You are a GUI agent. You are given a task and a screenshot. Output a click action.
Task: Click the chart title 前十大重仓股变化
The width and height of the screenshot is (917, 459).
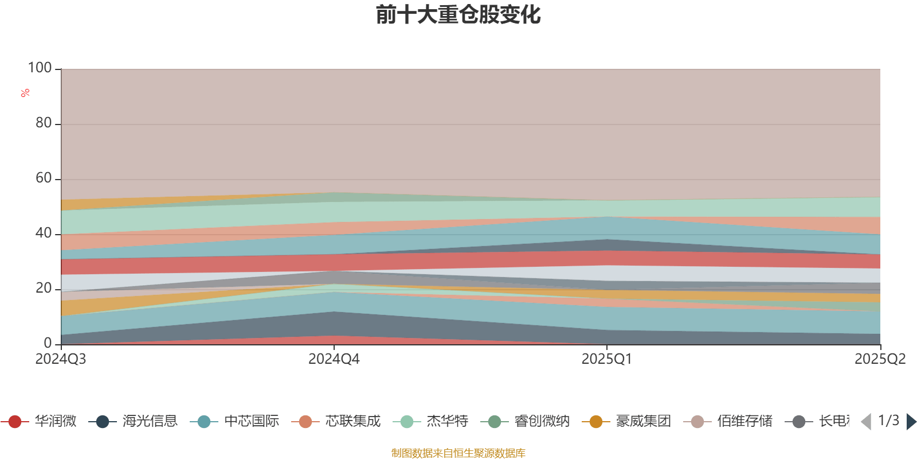click(458, 15)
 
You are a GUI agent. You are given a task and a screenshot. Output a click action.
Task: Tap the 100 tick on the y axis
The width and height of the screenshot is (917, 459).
click(40, 68)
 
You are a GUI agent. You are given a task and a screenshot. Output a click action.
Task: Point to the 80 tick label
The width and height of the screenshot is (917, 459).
click(44, 123)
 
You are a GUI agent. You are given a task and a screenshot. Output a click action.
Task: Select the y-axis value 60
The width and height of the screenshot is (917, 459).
click(44, 178)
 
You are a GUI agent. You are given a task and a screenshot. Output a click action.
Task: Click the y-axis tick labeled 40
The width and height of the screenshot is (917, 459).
click(44, 233)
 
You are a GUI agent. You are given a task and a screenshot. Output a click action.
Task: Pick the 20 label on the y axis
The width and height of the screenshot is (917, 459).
click(44, 288)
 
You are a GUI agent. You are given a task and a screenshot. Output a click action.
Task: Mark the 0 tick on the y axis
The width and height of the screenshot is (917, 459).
click(48, 343)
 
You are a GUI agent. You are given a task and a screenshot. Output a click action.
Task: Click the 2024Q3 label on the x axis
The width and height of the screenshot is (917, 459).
click(61, 359)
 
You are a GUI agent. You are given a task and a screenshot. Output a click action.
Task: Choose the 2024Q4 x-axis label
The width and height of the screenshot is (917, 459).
click(334, 359)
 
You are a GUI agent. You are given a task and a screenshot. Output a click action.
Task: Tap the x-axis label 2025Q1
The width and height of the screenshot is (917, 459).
click(607, 359)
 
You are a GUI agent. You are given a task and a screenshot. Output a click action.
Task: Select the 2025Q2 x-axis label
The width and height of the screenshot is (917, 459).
click(880, 359)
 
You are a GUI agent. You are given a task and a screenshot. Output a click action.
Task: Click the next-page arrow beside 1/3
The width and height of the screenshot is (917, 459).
click(911, 422)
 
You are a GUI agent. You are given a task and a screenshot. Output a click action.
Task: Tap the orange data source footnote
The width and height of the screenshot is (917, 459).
click(458, 453)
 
